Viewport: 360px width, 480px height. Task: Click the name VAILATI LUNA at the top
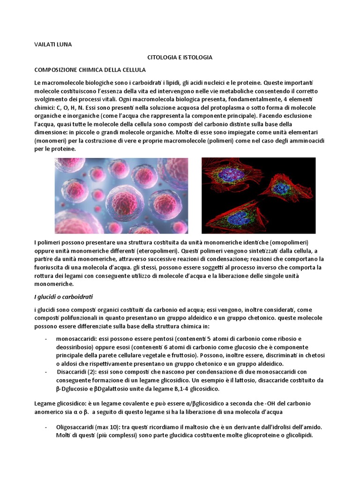click(53, 45)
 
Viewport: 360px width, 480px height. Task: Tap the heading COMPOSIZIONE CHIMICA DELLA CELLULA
click(90, 70)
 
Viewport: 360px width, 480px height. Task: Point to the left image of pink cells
click(122, 195)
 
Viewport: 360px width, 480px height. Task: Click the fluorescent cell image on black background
click(258, 195)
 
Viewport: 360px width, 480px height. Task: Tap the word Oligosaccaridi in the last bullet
click(75, 427)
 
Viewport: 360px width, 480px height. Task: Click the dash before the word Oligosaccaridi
click(45, 427)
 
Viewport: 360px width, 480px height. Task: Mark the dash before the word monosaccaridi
click(45, 338)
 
